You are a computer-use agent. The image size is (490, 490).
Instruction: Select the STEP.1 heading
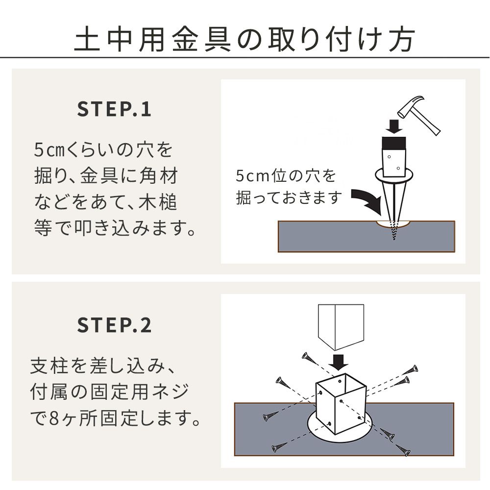click(x=115, y=110)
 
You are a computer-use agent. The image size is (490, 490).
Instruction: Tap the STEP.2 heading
click(x=115, y=325)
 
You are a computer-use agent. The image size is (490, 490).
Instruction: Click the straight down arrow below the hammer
click(x=394, y=125)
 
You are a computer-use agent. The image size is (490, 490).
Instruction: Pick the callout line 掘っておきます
click(x=288, y=198)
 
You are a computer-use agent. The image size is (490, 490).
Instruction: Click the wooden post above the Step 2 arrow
click(x=341, y=323)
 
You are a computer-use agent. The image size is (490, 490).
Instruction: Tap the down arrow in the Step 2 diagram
click(x=338, y=363)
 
